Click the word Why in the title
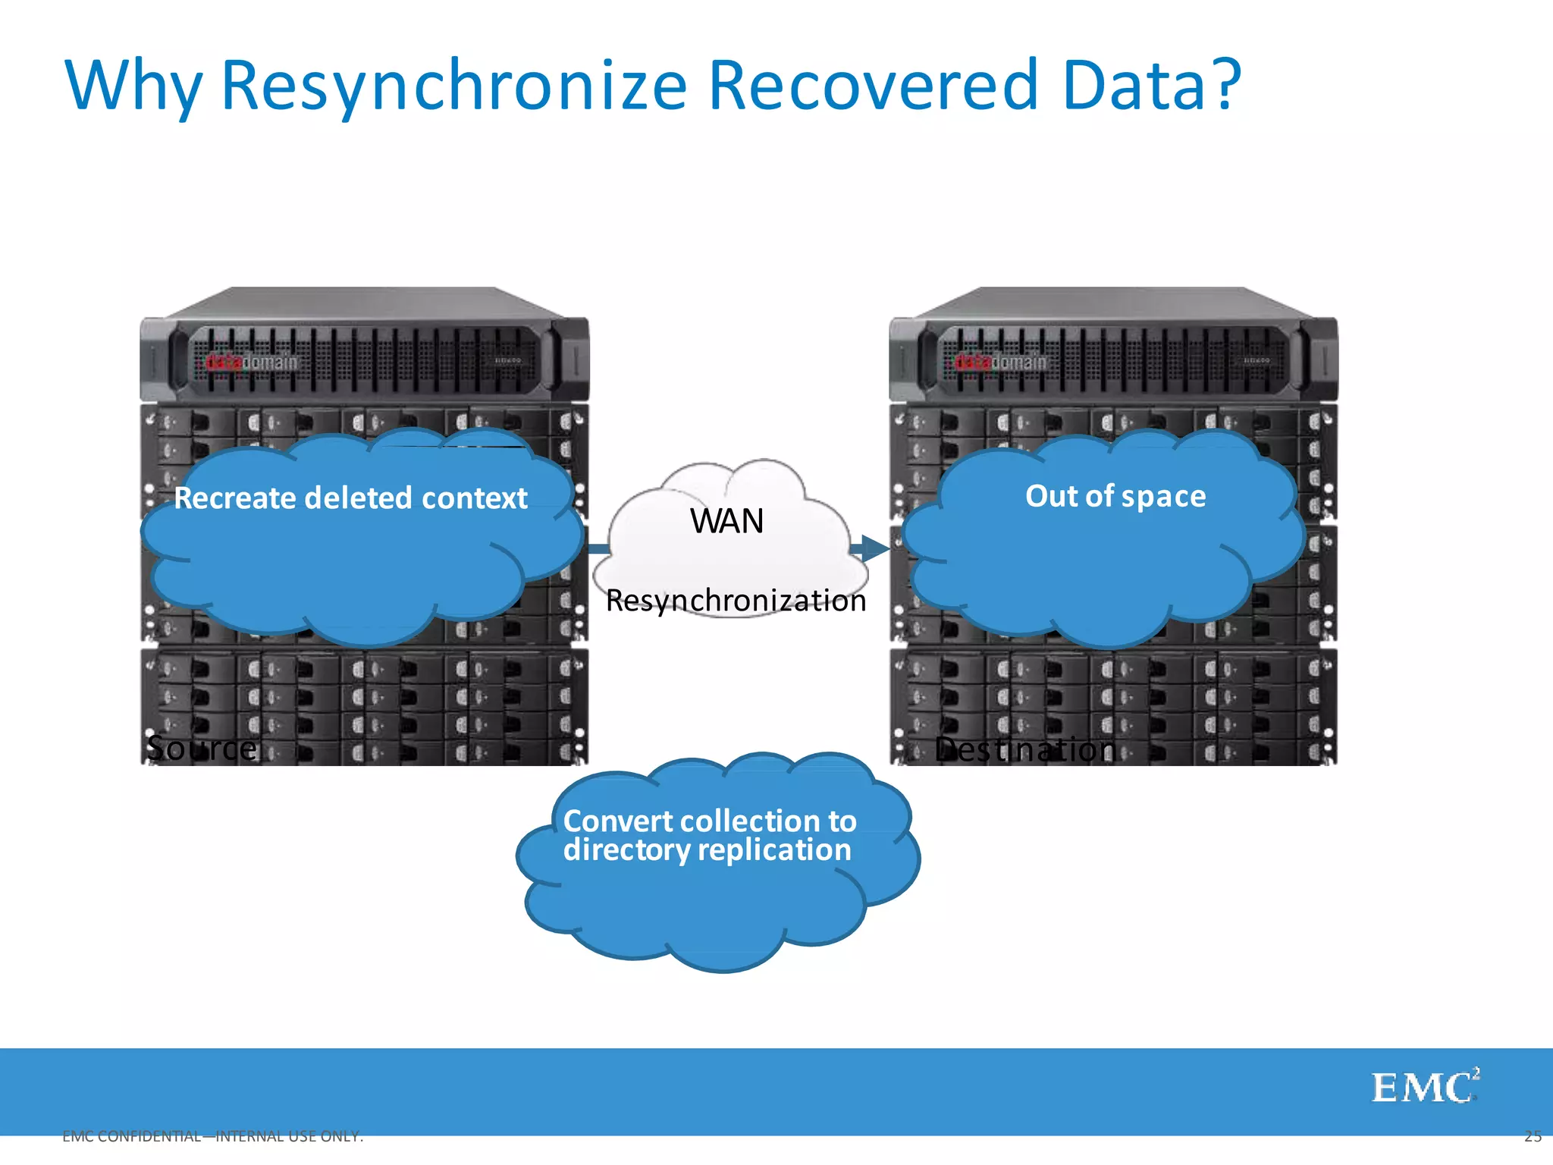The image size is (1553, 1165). pyautogui.click(x=134, y=85)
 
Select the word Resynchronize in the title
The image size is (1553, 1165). pyautogui.click(x=453, y=85)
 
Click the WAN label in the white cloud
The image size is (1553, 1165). pyautogui.click(x=726, y=522)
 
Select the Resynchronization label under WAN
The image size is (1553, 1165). pyautogui.click(x=736, y=601)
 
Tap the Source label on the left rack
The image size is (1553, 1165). pyautogui.click(x=202, y=749)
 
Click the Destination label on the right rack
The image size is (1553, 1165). pyautogui.click(x=1025, y=749)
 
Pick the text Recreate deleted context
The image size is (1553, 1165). pyautogui.click(x=350, y=498)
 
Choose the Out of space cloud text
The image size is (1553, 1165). pyautogui.click(x=1115, y=496)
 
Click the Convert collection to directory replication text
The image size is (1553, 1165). pyautogui.click(x=709, y=835)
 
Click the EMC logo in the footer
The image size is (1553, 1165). pyautogui.click(x=1424, y=1087)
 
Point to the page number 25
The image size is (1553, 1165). pyautogui.click(x=1533, y=1136)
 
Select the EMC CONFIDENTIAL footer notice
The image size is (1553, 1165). pyautogui.click(x=213, y=1136)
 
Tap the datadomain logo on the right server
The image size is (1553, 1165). pyautogui.click(x=1000, y=363)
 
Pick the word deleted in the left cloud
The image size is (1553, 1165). pyautogui.click(x=359, y=498)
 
